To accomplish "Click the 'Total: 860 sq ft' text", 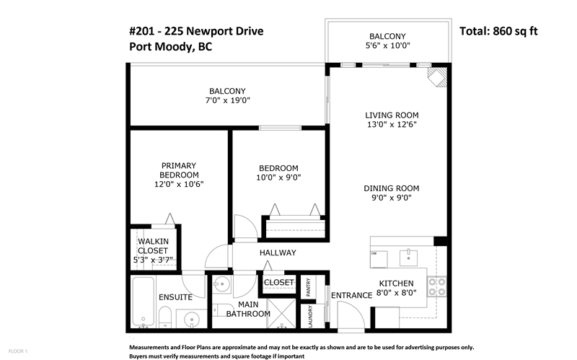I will click(498, 31).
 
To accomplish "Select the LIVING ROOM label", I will click(392, 115).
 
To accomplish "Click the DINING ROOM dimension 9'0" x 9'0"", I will click(392, 198).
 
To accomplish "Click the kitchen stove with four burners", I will click(437, 287).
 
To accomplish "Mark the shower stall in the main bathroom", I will click(282, 312).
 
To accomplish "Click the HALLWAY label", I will click(278, 253).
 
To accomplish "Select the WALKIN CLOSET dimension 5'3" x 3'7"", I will click(153, 260).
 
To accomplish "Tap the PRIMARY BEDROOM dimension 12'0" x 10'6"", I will click(179, 184).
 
